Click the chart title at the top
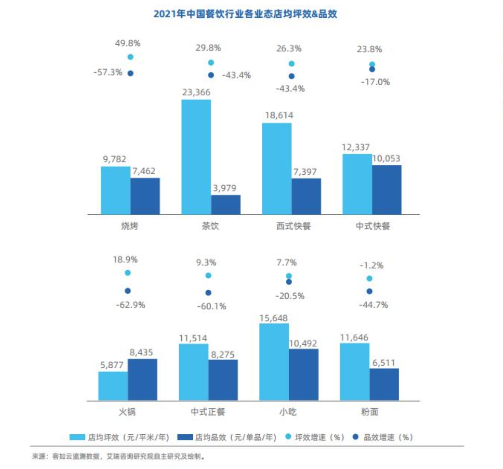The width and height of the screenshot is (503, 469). pyautogui.click(x=245, y=14)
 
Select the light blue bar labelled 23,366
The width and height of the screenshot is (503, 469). pyautogui.click(x=196, y=157)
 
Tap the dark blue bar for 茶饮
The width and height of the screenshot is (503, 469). pyautogui.click(x=225, y=205)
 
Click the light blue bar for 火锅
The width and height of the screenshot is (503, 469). pyautogui.click(x=113, y=386)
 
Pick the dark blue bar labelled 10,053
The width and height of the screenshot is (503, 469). pyautogui.click(x=387, y=189)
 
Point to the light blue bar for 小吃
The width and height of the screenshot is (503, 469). pyautogui.click(x=274, y=362)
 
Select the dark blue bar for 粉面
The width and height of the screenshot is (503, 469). pyautogui.click(x=384, y=384)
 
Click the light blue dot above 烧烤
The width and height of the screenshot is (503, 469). pyautogui.click(x=130, y=57)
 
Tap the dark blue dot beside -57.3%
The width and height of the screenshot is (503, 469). pyautogui.click(x=130, y=73)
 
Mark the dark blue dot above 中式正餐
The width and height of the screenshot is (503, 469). pyautogui.click(x=208, y=293)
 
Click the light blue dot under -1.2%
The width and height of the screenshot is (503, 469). pyautogui.click(x=370, y=279)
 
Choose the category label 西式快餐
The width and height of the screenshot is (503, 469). pyautogui.click(x=293, y=226)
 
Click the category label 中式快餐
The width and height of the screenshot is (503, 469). pyautogui.click(x=373, y=226)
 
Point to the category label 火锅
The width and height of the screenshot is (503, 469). pyautogui.click(x=127, y=412)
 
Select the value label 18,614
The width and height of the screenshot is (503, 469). pyautogui.click(x=279, y=116)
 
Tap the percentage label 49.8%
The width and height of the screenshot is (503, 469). pyautogui.click(x=128, y=43)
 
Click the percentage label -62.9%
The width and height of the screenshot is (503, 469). pyautogui.click(x=130, y=305)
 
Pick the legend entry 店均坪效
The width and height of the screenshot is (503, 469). pyautogui.click(x=119, y=437)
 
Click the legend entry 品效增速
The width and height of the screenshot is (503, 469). pyautogui.click(x=383, y=437)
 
